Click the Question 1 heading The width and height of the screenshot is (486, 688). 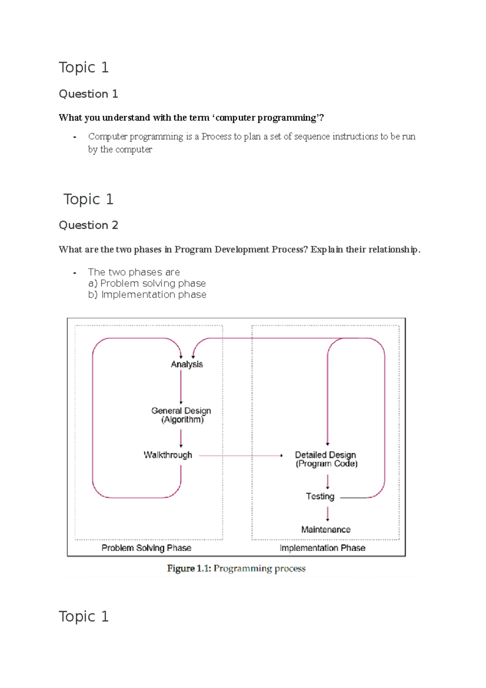88,94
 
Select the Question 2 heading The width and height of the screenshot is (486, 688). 88,225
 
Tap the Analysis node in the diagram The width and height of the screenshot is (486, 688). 187,364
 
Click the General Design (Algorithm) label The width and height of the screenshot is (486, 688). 181,415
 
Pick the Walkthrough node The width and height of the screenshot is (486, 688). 168,455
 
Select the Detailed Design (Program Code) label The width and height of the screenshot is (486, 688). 326,459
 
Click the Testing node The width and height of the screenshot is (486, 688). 320,496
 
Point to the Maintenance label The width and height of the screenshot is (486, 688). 326,530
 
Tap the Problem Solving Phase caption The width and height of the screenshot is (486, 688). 146,548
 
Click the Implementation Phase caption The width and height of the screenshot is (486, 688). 322,548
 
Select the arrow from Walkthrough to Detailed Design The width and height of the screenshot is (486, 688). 241,456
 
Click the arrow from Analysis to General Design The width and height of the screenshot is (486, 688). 181,387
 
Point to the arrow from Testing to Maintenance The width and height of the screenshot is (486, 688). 328,513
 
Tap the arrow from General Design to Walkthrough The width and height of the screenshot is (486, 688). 181,438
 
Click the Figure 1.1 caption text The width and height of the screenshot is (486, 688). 236,568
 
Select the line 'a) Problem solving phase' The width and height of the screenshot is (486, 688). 147,284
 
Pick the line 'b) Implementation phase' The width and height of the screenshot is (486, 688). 147,295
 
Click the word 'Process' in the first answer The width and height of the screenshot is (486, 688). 216,137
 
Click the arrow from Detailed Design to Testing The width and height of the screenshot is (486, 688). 328,481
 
